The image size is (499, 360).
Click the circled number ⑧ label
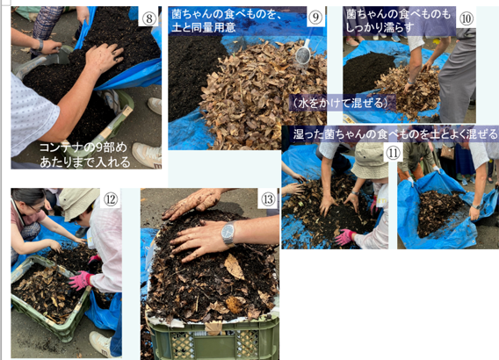[148, 18]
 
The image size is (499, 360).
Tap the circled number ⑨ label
[315, 17]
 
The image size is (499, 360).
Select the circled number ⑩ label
[466, 18]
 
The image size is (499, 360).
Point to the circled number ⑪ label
[393, 153]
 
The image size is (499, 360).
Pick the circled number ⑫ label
[111, 199]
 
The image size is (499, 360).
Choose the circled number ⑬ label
[268, 199]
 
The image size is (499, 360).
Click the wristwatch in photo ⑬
[228, 233]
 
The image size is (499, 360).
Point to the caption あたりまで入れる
[85, 162]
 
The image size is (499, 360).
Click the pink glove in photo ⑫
[80, 280]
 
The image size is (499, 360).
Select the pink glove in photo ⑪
[344, 236]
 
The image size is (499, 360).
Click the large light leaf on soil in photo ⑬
[235, 267]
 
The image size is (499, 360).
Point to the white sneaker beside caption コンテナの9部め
[147, 155]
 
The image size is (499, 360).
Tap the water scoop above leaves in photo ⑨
[303, 53]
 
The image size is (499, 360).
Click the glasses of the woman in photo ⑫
[36, 208]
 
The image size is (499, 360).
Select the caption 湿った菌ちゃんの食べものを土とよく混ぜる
[395, 133]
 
